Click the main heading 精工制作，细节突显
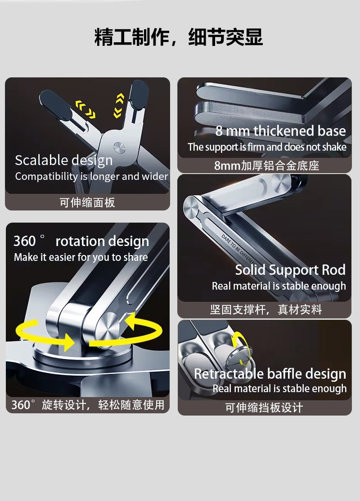(x=179, y=37)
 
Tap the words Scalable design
(x=63, y=161)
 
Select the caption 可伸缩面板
(x=87, y=202)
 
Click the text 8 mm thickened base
(x=280, y=131)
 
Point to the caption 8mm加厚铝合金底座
(x=267, y=166)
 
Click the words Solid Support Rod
(x=290, y=270)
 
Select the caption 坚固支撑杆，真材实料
(x=265, y=309)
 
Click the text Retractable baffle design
(x=270, y=374)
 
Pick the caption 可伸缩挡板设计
(x=264, y=408)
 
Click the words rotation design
(x=102, y=242)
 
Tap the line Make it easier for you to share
(x=81, y=257)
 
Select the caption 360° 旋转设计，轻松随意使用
(x=88, y=405)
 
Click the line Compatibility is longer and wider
(x=91, y=176)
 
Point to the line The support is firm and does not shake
(x=267, y=147)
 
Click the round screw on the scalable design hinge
(x=119, y=148)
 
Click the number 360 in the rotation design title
(x=25, y=241)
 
